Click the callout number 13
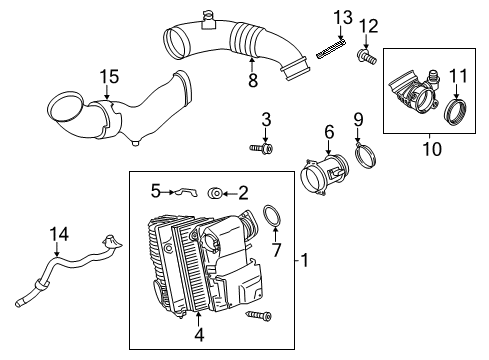(x=343, y=18)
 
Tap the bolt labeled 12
(x=367, y=57)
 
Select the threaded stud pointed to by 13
(x=330, y=49)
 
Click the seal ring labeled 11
(x=456, y=112)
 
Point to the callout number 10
(x=432, y=149)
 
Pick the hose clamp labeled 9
(x=365, y=155)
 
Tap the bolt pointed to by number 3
(x=262, y=148)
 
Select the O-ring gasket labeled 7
(x=272, y=216)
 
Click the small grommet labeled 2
(x=215, y=193)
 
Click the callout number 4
(x=199, y=334)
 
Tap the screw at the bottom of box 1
(x=259, y=315)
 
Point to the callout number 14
(x=59, y=234)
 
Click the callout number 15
(x=109, y=77)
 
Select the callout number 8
(x=253, y=80)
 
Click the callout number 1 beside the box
(x=305, y=260)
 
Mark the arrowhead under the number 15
(x=107, y=96)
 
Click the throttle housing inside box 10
(x=413, y=92)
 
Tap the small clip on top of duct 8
(x=208, y=21)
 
